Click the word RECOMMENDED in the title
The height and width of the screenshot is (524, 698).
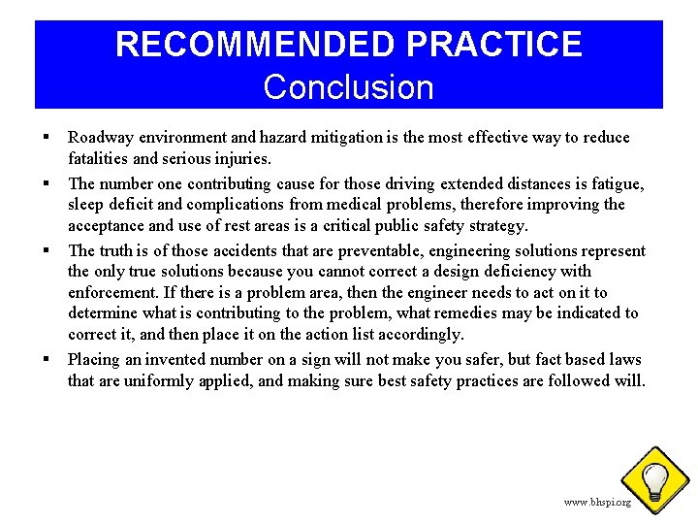coord(255,44)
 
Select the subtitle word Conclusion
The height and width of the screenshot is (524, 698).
coord(348,87)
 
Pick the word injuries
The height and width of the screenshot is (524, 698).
coord(241,158)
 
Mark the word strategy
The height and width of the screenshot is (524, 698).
coord(494,226)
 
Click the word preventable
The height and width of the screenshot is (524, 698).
coord(345,250)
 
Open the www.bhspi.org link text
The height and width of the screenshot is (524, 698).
coord(597,502)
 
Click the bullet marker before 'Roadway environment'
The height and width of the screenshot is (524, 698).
coord(46,137)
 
